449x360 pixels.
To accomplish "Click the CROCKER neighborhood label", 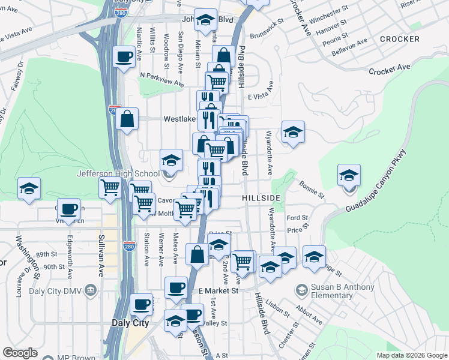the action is click(399, 39).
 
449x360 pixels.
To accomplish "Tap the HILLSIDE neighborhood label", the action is click(261, 197).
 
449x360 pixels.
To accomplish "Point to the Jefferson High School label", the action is click(118, 174).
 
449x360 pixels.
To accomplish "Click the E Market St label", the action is click(218, 290).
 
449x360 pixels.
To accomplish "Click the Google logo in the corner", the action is click(20, 353).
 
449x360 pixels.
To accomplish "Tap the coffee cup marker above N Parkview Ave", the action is click(124, 57).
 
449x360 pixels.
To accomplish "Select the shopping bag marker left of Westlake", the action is click(128, 119).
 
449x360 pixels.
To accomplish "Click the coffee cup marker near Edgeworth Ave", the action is click(69, 209).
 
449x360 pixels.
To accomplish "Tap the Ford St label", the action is click(297, 218).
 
